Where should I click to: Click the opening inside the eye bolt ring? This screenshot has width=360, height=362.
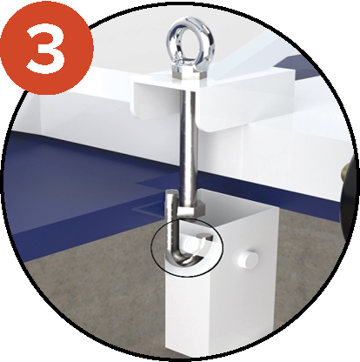(x=190, y=42)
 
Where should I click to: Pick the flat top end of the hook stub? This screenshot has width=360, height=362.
(x=172, y=192)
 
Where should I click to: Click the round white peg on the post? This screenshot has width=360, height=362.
(x=248, y=258)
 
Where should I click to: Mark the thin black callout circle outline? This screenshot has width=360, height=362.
(x=151, y=246)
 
